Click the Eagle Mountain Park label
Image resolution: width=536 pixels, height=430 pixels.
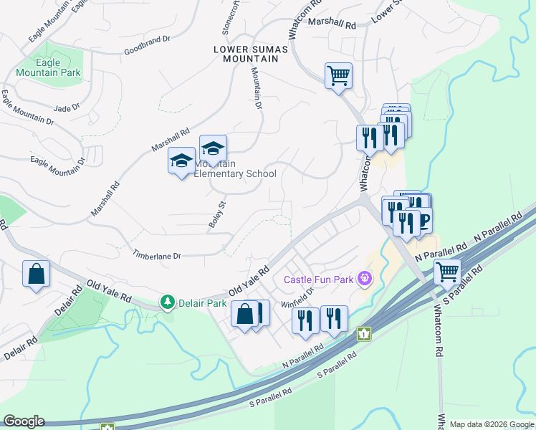coord(49,68)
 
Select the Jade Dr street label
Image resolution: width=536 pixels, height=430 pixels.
coord(66,107)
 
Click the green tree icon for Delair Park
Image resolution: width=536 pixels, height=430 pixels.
coord(168,302)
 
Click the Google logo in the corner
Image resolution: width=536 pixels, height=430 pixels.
coord(24,421)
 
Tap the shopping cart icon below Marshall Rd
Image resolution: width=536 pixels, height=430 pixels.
coord(338,75)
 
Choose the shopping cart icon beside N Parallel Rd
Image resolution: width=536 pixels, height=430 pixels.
coord(447,272)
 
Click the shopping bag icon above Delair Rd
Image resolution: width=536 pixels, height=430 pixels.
coord(36,274)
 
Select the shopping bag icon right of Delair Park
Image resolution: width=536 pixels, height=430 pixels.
coord(244,313)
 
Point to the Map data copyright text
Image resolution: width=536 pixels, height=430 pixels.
coord(492,424)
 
